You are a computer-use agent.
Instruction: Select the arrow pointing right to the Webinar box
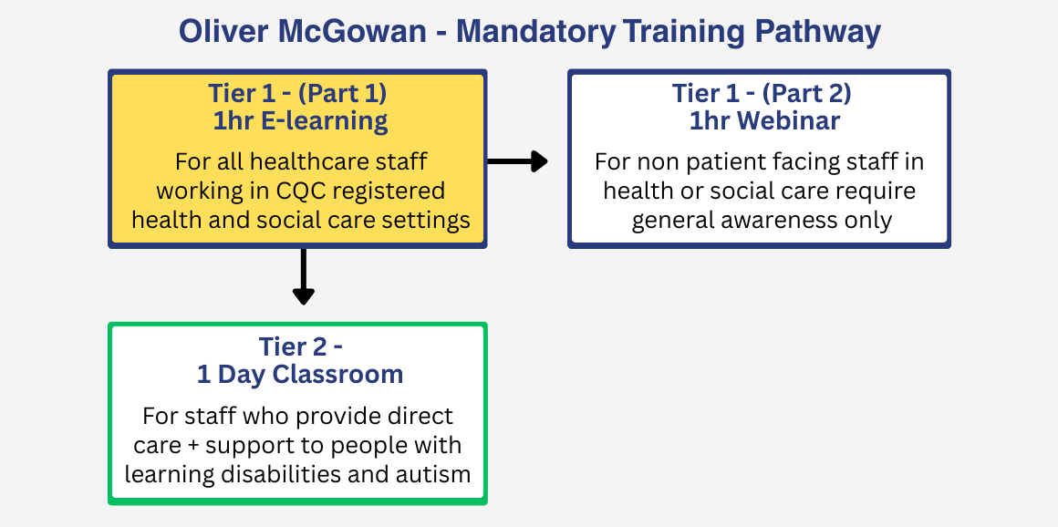click(517, 161)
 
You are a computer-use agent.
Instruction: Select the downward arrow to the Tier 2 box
click(303, 277)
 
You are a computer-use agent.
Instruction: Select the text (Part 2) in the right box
click(806, 93)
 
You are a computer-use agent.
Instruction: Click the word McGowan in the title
click(356, 32)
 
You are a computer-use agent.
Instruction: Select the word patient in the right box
click(701, 162)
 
